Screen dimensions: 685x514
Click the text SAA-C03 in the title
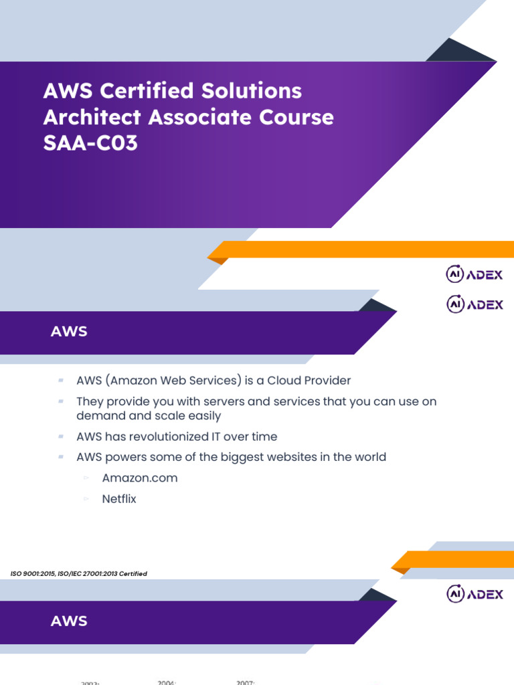click(x=90, y=142)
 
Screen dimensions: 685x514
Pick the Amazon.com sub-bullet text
click(x=140, y=478)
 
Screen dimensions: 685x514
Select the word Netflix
click(x=119, y=499)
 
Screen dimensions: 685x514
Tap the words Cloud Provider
click(x=309, y=381)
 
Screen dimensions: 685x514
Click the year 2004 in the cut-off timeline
click(x=167, y=682)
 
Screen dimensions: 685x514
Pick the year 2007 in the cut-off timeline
click(x=246, y=682)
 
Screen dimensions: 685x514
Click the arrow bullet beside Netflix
click(x=86, y=499)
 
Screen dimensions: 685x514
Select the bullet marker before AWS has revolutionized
click(x=61, y=436)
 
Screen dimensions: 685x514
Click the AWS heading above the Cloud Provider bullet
click(x=69, y=332)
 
